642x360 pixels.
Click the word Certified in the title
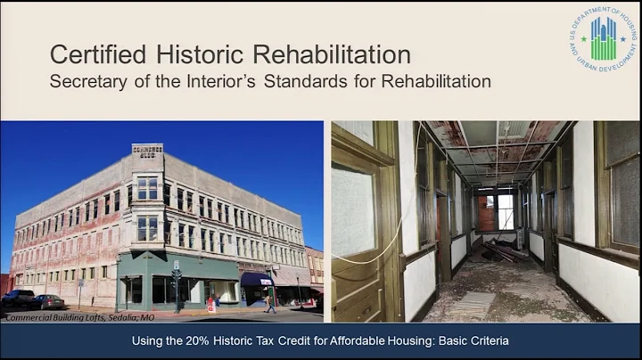coord(95,54)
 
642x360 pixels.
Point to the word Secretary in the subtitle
coord(90,81)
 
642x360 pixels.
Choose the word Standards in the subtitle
coord(352,81)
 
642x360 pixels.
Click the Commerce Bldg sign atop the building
coord(147,151)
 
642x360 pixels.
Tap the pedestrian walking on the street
coord(270,302)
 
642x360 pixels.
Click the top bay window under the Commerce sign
coord(147,188)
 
